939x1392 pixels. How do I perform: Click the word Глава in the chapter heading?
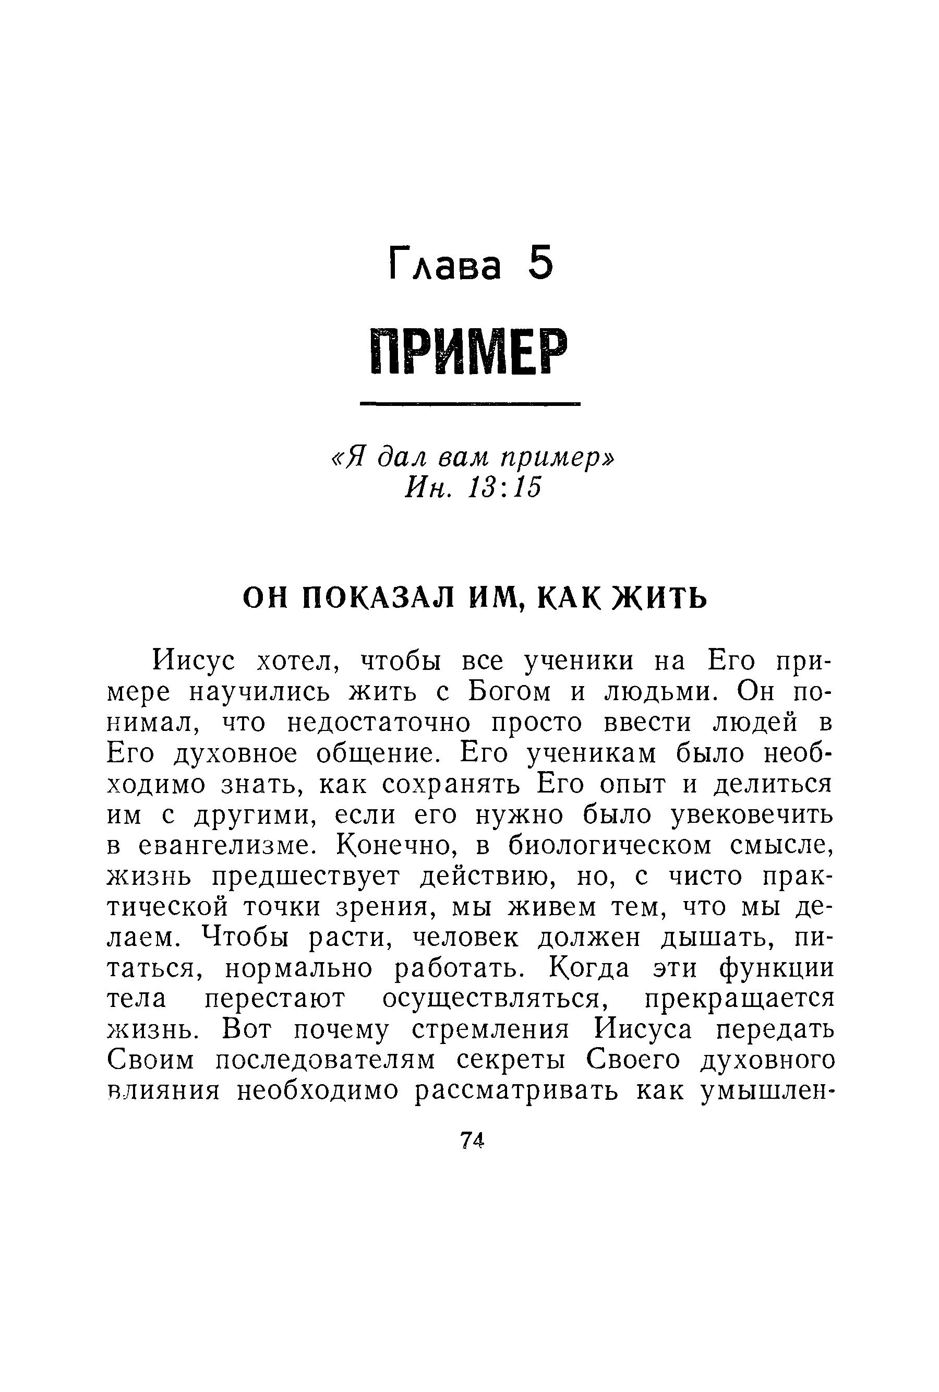(x=445, y=265)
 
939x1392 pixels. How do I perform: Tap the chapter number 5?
(x=541, y=263)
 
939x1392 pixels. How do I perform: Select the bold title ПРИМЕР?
(x=469, y=353)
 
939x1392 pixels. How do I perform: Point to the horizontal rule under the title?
(x=470, y=405)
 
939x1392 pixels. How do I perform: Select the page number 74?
(x=471, y=1141)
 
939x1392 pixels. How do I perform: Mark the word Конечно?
(x=397, y=846)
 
